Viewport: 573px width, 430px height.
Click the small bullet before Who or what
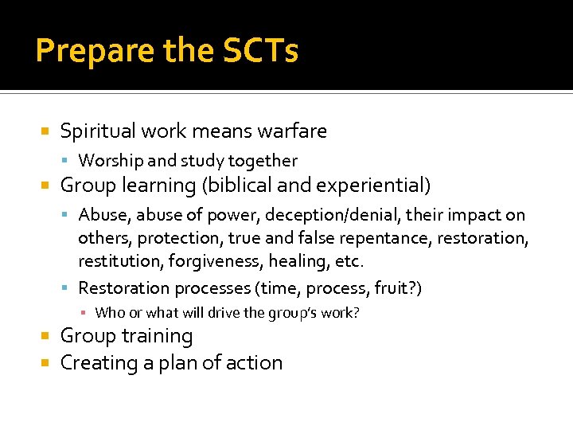(x=86, y=313)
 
